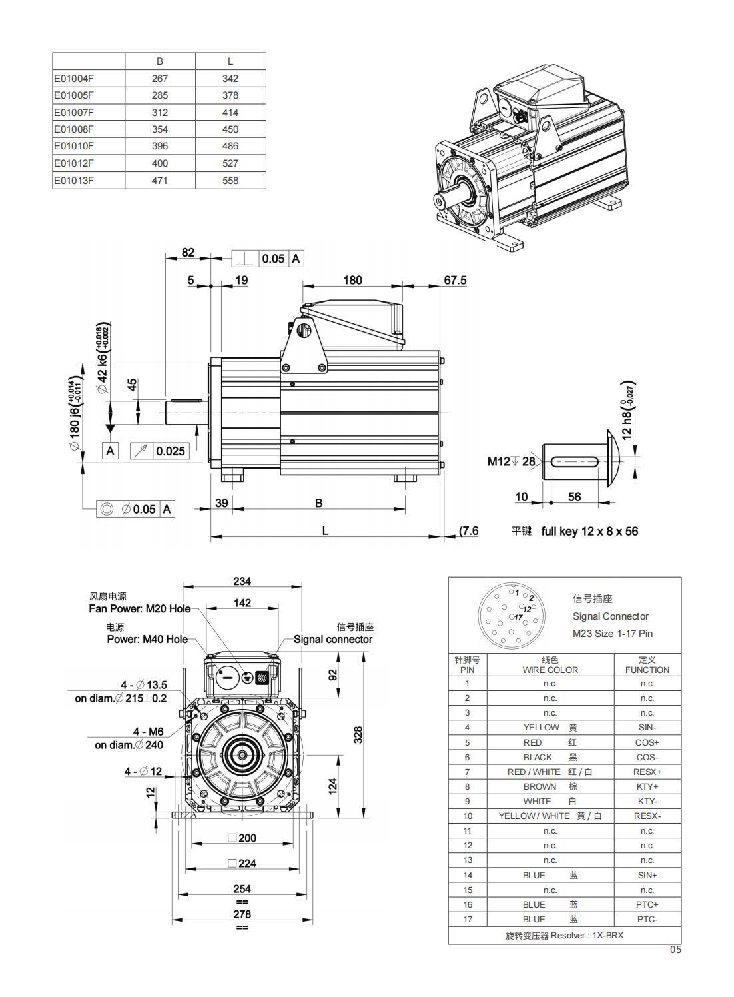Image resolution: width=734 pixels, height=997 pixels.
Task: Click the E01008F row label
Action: [74, 129]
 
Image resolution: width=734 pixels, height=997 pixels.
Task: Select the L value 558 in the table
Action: [230, 180]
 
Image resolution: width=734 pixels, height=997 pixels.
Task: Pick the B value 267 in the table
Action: [160, 78]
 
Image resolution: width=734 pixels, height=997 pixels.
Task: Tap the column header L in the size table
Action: [230, 61]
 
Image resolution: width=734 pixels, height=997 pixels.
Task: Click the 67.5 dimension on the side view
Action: [455, 280]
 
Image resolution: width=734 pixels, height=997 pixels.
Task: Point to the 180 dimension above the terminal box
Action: [352, 280]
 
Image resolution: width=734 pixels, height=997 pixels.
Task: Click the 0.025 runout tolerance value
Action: [171, 451]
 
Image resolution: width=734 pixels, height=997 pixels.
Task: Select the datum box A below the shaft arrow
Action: [111, 451]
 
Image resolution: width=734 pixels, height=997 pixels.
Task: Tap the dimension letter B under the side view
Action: [319, 503]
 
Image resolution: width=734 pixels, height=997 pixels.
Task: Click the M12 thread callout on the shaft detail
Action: [499, 461]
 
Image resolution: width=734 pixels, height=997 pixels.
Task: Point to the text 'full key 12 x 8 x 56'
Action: [589, 531]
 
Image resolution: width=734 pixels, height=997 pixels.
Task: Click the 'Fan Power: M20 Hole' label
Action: [140, 608]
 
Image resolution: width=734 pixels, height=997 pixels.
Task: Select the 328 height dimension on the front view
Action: [358, 734]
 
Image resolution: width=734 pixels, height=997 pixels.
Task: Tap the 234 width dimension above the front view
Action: [242, 581]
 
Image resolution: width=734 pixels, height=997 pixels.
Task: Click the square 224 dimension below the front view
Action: [242, 863]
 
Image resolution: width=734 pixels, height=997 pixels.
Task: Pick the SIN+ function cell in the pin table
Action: [647, 875]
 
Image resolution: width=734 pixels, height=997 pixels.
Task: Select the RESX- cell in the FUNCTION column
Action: [647, 816]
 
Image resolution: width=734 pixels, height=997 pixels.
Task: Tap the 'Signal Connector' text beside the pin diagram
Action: [610, 616]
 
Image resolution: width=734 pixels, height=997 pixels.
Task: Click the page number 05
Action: [675, 950]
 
